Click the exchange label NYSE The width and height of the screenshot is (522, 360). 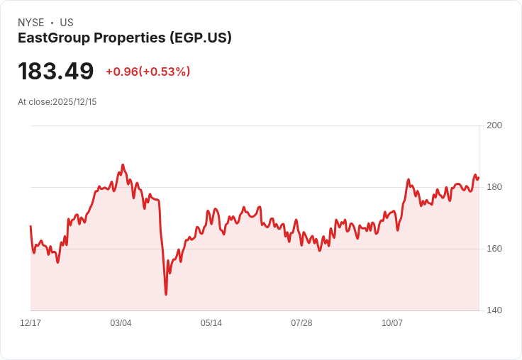pyautogui.click(x=30, y=23)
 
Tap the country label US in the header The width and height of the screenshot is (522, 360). pyautogui.click(x=67, y=23)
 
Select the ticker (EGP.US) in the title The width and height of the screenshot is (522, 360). pyautogui.click(x=201, y=38)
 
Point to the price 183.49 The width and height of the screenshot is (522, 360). pyautogui.click(x=56, y=72)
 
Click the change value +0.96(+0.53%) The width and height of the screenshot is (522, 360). pyautogui.click(x=148, y=72)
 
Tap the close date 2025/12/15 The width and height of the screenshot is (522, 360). pyautogui.click(x=74, y=102)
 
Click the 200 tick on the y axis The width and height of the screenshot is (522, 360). pyautogui.click(x=494, y=125)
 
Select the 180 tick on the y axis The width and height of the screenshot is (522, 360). pyautogui.click(x=494, y=187)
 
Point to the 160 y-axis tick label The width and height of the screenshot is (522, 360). pyautogui.click(x=494, y=249)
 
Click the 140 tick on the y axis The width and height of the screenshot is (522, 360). pyautogui.click(x=494, y=310)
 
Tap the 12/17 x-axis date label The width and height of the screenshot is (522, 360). pyautogui.click(x=30, y=323)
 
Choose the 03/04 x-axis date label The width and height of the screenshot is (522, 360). pyautogui.click(x=121, y=323)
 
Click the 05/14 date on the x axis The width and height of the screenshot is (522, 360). pyautogui.click(x=211, y=323)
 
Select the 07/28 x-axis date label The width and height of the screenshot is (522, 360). pyautogui.click(x=301, y=323)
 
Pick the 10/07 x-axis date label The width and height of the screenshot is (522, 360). pyautogui.click(x=392, y=323)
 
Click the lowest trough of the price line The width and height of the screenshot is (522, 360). pyautogui.click(x=166, y=294)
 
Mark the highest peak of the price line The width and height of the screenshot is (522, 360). pyautogui.click(x=123, y=165)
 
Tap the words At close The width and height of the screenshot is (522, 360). pyautogui.click(x=34, y=102)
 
